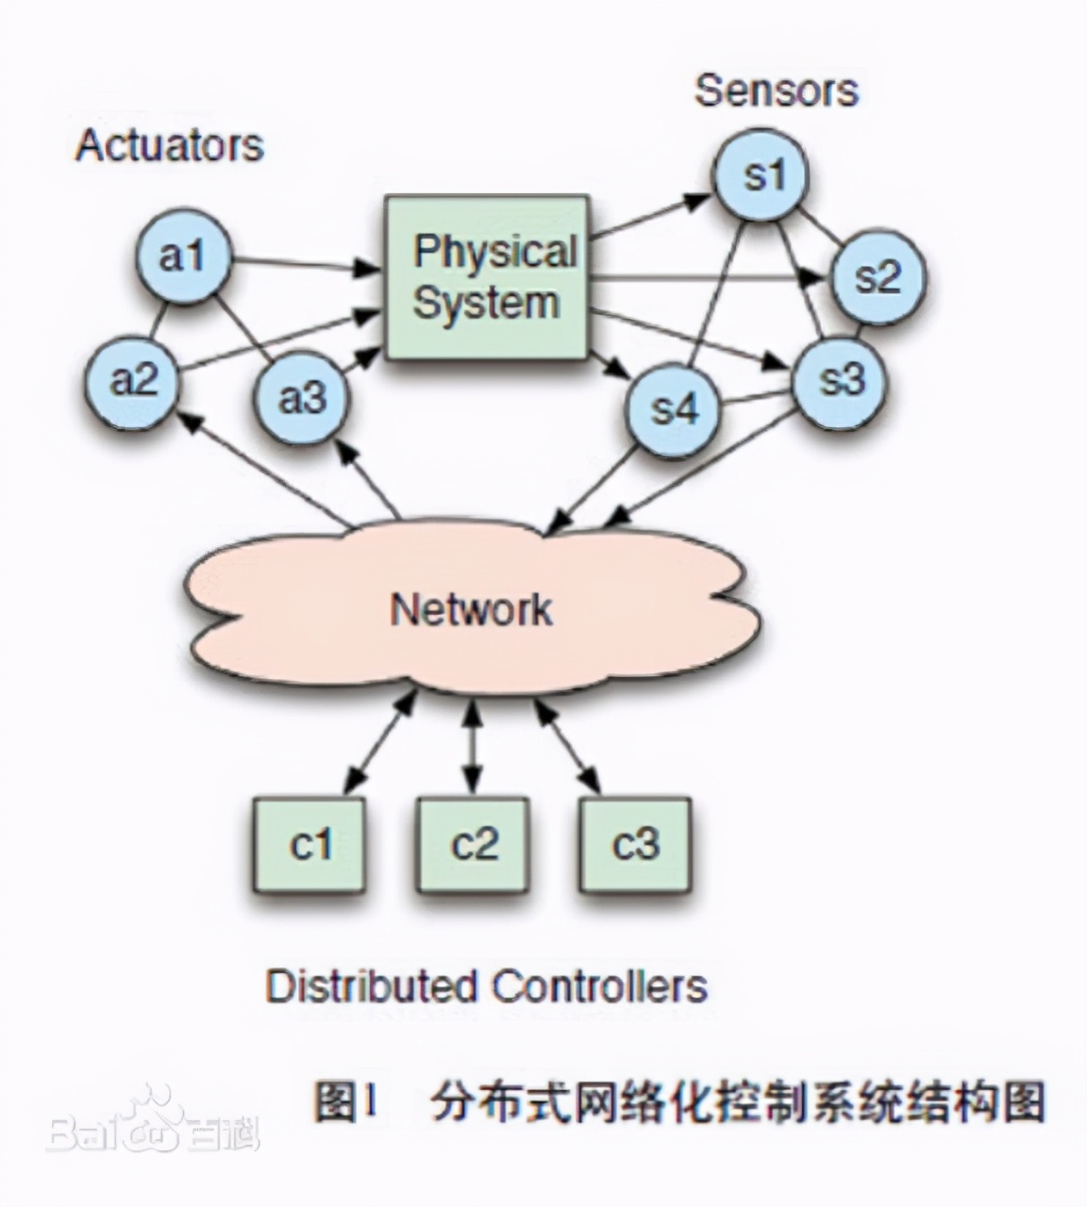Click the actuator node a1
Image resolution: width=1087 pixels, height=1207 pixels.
click(183, 256)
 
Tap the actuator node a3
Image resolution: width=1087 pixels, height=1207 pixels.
click(302, 397)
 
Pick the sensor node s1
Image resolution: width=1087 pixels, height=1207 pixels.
click(762, 176)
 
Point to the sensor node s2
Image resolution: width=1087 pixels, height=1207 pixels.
click(878, 277)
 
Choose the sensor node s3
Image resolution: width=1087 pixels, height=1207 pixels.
click(840, 380)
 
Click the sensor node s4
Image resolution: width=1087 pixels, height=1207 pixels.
click(675, 409)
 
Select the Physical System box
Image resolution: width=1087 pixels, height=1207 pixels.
click(487, 277)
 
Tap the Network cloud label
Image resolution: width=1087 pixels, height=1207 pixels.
click(471, 608)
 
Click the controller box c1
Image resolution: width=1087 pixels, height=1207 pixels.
click(309, 844)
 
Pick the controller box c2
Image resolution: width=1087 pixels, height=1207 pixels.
click(473, 844)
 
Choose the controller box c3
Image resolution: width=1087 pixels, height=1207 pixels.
click(635, 844)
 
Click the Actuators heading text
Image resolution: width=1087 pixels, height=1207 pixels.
click(169, 145)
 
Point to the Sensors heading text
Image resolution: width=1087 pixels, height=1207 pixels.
click(776, 91)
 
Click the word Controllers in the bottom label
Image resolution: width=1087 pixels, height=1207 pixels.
click(598, 986)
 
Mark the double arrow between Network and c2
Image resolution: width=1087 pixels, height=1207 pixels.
click(472, 748)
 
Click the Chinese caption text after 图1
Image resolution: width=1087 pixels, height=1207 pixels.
click(736, 1101)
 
